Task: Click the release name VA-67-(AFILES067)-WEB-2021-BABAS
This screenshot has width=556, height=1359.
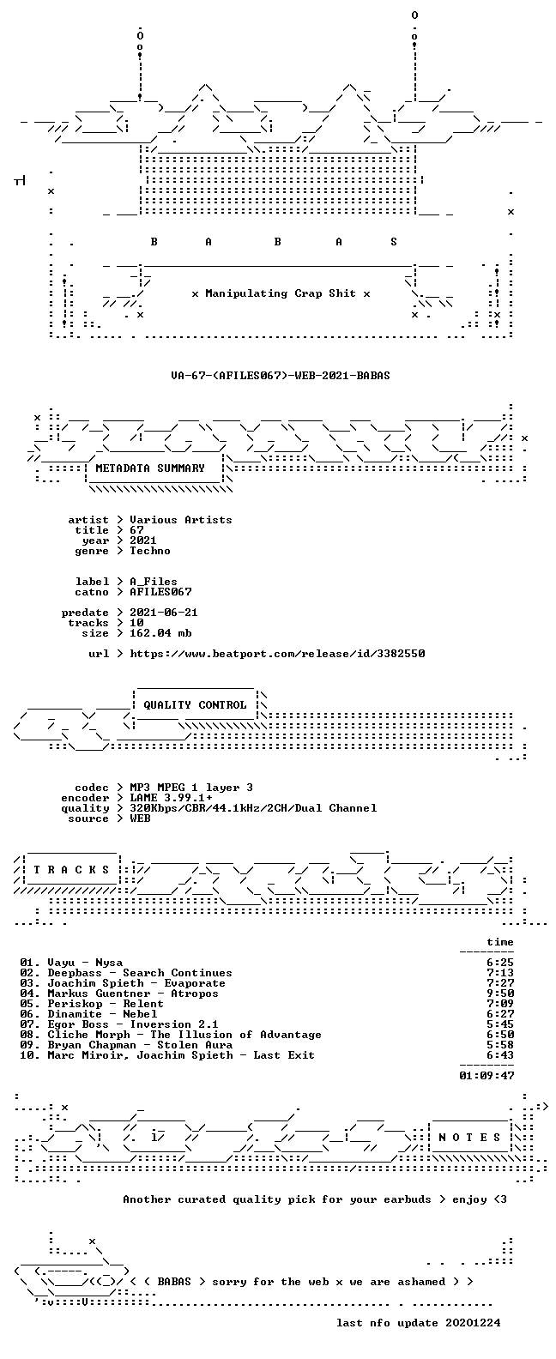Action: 281,376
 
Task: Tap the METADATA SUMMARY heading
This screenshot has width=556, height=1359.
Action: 150,468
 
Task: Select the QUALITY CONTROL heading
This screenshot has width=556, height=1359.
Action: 195,705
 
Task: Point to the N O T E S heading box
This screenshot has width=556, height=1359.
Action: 470,1138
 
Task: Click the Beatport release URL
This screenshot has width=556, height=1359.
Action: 277,654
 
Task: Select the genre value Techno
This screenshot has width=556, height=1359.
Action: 150,551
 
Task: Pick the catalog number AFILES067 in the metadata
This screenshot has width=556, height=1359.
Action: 160,591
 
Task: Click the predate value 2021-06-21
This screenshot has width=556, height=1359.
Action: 164,613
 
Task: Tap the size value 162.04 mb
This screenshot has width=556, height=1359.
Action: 160,633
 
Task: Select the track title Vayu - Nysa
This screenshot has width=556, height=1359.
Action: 85,963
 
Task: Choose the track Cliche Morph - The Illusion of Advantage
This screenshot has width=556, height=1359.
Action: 184,1035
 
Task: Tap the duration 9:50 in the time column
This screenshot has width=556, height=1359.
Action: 500,994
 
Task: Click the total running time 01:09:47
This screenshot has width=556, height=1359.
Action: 486,1076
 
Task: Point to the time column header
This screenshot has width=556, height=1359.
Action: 500,942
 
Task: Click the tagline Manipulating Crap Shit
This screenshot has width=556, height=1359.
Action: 281,293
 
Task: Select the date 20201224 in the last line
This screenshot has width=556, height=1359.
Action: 473,1323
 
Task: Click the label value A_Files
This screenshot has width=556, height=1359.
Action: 154,581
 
